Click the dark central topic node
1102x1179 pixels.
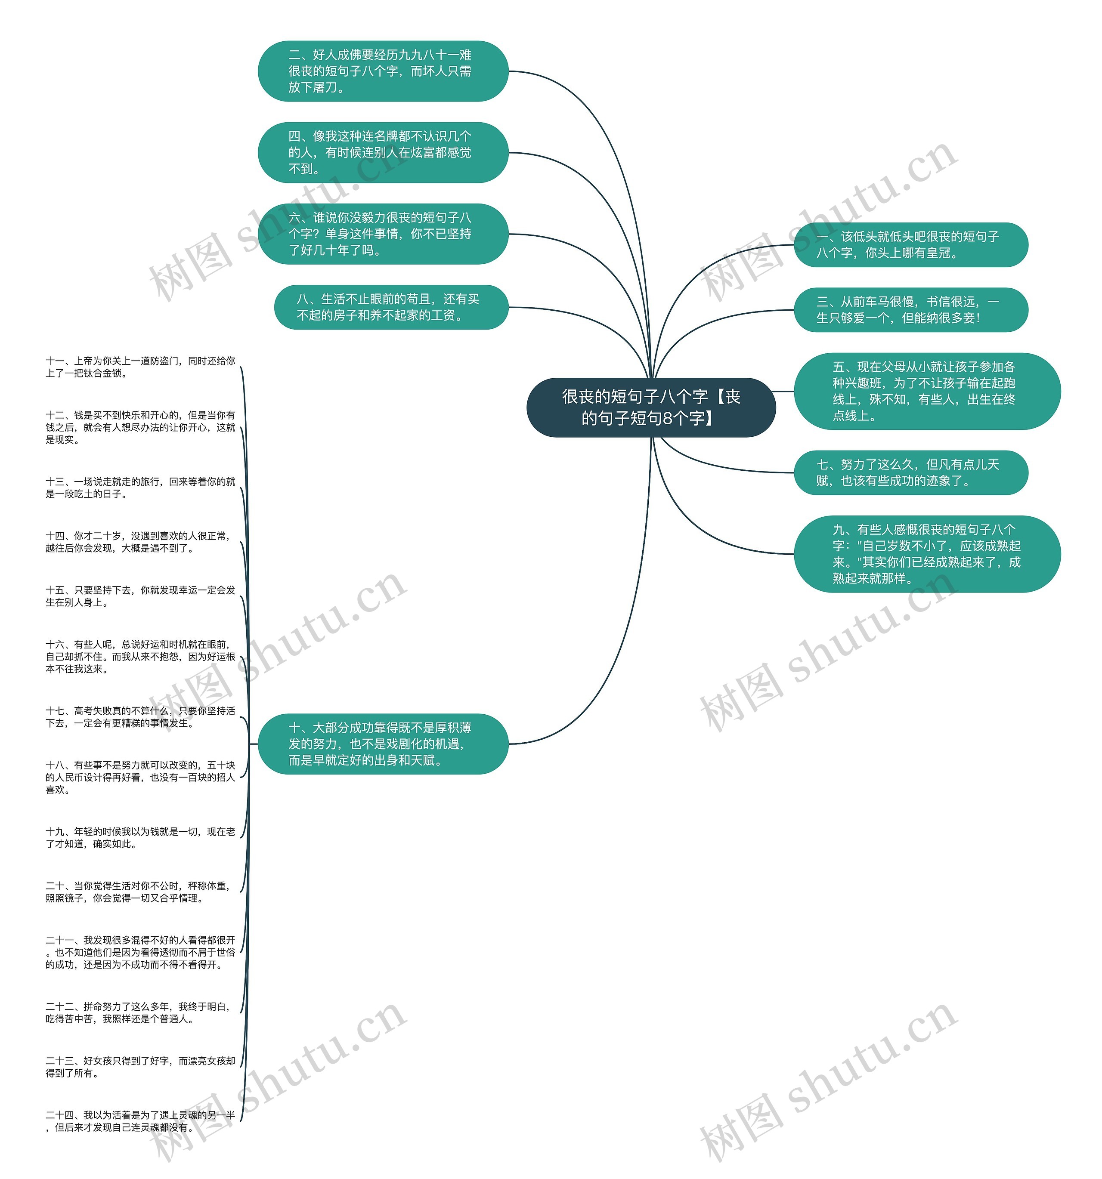pyautogui.click(x=651, y=407)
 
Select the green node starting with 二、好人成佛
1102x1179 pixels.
pyautogui.click(x=383, y=71)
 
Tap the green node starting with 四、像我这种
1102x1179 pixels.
pyautogui.click(x=383, y=152)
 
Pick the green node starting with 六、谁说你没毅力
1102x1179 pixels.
pyautogui.click(x=383, y=234)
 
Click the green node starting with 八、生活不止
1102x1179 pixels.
pyautogui.click(x=391, y=307)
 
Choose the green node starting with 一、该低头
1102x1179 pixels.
pyautogui.click(x=911, y=245)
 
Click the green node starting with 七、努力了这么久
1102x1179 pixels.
pyautogui.click(x=911, y=472)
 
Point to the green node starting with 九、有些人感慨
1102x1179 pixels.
pyautogui.click(x=927, y=554)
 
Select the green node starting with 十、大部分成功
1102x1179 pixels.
pyautogui.click(x=383, y=744)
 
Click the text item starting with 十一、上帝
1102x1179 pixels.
pyautogui.click(x=141, y=367)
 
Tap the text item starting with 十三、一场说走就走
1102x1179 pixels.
pyautogui.click(x=141, y=488)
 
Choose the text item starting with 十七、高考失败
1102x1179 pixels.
pyautogui.click(x=141, y=717)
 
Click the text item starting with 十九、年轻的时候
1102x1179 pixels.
pyautogui.click(x=141, y=838)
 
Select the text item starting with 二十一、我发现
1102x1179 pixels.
pyautogui.click(x=141, y=953)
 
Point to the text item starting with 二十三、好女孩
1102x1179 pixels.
pyautogui.click(x=141, y=1067)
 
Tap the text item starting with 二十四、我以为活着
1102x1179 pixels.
pyautogui.click(x=141, y=1121)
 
